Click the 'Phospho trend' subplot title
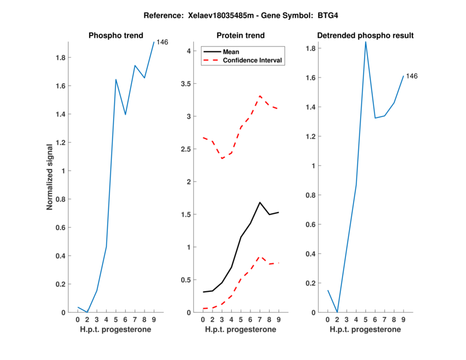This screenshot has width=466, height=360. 115,36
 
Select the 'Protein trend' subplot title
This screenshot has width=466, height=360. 240,36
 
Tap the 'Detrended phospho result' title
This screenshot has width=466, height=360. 365,36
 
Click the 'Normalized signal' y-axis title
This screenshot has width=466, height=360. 50,177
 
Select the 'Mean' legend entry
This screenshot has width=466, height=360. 231,52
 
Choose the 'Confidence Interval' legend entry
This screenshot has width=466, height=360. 253,61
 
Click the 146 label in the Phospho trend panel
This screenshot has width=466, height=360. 163,42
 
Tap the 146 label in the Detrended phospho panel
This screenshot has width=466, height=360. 412,76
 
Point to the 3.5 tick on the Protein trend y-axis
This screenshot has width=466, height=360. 186,84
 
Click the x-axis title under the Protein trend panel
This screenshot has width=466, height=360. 240,330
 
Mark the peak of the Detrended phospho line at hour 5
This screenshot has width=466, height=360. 366,41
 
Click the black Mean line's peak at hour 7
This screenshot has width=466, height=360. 260,202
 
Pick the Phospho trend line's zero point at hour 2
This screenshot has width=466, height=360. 87,312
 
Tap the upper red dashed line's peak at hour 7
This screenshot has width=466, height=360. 260,96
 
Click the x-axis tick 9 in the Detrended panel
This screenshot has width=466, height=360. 404,319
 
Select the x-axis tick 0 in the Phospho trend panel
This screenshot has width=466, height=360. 77,319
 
